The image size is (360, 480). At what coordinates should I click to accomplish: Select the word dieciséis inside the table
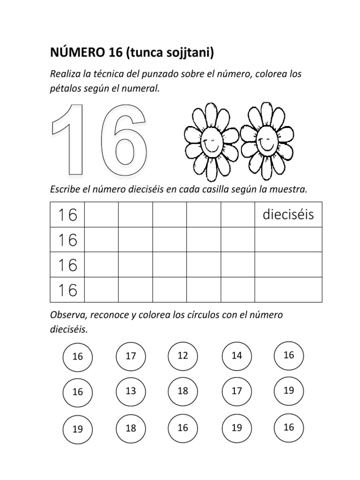[x=288, y=215]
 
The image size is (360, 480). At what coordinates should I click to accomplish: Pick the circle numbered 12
[x=183, y=356]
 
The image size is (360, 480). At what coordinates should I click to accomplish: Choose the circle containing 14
[x=237, y=356]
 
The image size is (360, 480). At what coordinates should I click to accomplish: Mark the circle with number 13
[x=131, y=391]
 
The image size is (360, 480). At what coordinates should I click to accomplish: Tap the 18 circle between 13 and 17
[x=183, y=391]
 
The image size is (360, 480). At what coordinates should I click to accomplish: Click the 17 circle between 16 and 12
[x=131, y=356]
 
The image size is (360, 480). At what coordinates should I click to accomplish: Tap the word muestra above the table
[x=290, y=190]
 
